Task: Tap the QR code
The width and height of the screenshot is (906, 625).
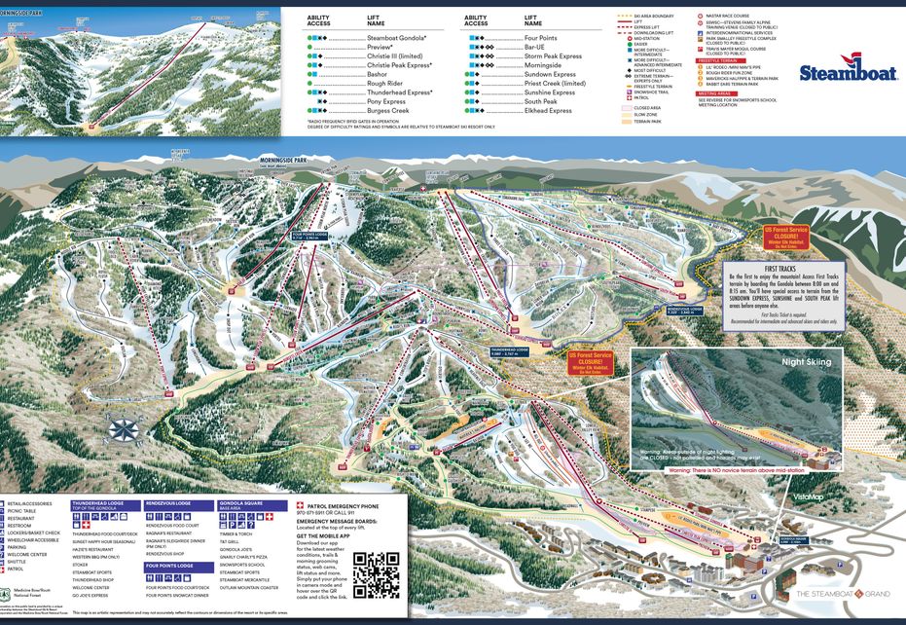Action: click(376, 574)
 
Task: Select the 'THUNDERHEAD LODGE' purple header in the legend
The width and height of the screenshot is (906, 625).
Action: click(96, 504)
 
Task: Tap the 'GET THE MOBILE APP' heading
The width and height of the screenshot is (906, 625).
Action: click(326, 536)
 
